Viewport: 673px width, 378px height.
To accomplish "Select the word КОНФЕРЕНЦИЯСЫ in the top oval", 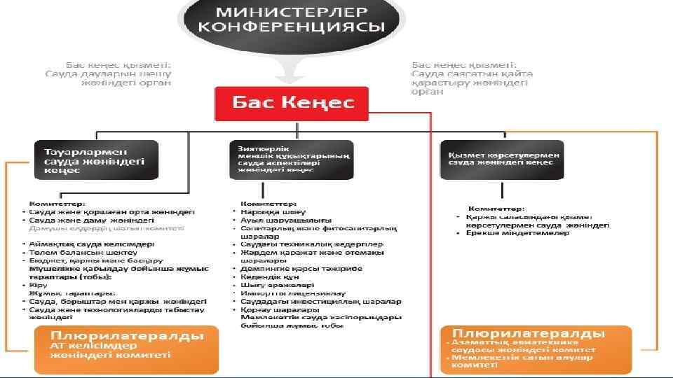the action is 292,28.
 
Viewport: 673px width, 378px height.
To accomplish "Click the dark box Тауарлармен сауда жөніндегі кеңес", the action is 97,160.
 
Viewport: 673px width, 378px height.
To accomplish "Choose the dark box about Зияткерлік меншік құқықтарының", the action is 290,160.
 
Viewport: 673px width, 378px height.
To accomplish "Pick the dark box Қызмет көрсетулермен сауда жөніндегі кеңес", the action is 501,160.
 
